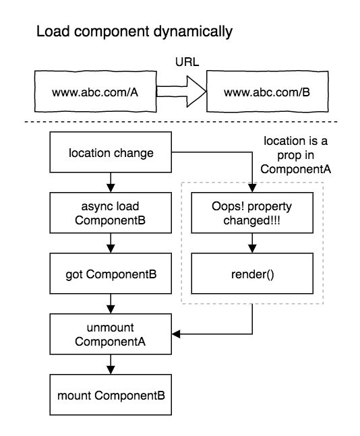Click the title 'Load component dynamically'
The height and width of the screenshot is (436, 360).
tap(134, 32)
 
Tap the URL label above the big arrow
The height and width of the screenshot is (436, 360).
tap(187, 62)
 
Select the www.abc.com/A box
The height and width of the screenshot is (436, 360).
tap(96, 92)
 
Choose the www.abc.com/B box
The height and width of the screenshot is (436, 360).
tap(268, 92)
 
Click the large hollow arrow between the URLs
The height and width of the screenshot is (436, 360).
tap(181, 92)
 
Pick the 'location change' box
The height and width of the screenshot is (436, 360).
tap(111, 152)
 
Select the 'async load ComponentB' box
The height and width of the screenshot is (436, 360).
tap(111, 213)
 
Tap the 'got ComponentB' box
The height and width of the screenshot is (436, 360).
tap(111, 274)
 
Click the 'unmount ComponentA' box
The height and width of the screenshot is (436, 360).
tap(111, 334)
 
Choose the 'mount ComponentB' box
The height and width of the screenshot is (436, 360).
tap(111, 395)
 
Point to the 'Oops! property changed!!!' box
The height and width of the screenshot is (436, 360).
tap(252, 213)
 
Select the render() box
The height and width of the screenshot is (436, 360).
tap(252, 274)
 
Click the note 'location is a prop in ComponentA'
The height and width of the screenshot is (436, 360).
tap(295, 155)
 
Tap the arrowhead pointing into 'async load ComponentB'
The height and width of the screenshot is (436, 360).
tap(111, 188)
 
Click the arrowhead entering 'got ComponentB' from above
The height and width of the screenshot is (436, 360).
tap(111, 249)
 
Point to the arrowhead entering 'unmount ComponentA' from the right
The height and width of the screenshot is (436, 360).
tap(176, 334)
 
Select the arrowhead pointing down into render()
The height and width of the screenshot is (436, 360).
tap(252, 249)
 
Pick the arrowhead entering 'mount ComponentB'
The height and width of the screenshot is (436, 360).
tap(111, 370)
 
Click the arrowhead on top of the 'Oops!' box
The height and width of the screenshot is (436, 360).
tap(252, 188)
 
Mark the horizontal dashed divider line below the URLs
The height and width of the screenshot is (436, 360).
tap(181, 122)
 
